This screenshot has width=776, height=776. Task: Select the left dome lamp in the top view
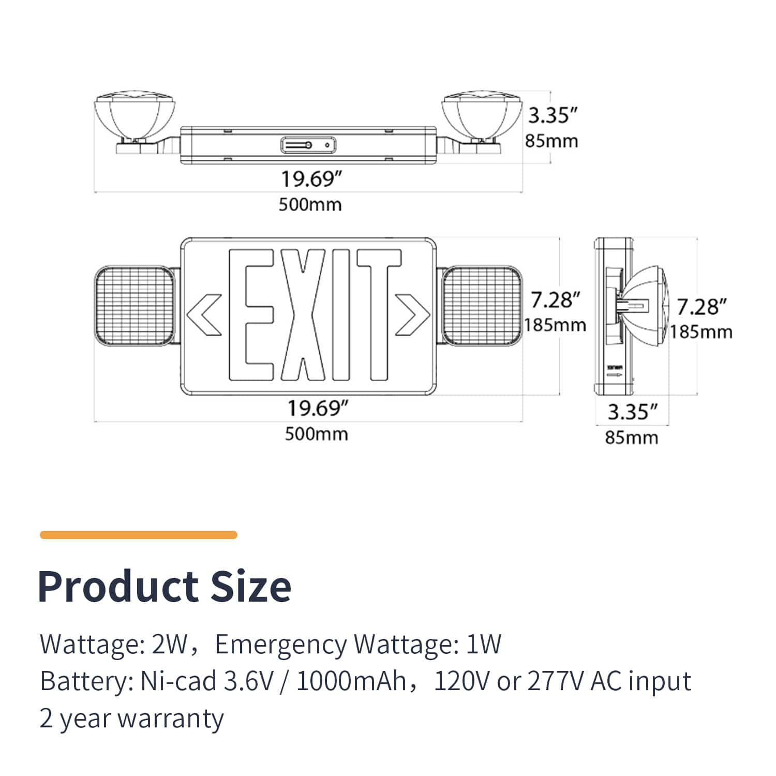click(135, 116)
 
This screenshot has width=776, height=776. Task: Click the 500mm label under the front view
click(316, 434)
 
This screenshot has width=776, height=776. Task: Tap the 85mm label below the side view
click(631, 438)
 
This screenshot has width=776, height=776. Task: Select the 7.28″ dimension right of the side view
click(702, 307)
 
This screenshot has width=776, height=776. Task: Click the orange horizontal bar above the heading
click(138, 535)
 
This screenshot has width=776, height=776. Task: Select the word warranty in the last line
click(171, 719)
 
